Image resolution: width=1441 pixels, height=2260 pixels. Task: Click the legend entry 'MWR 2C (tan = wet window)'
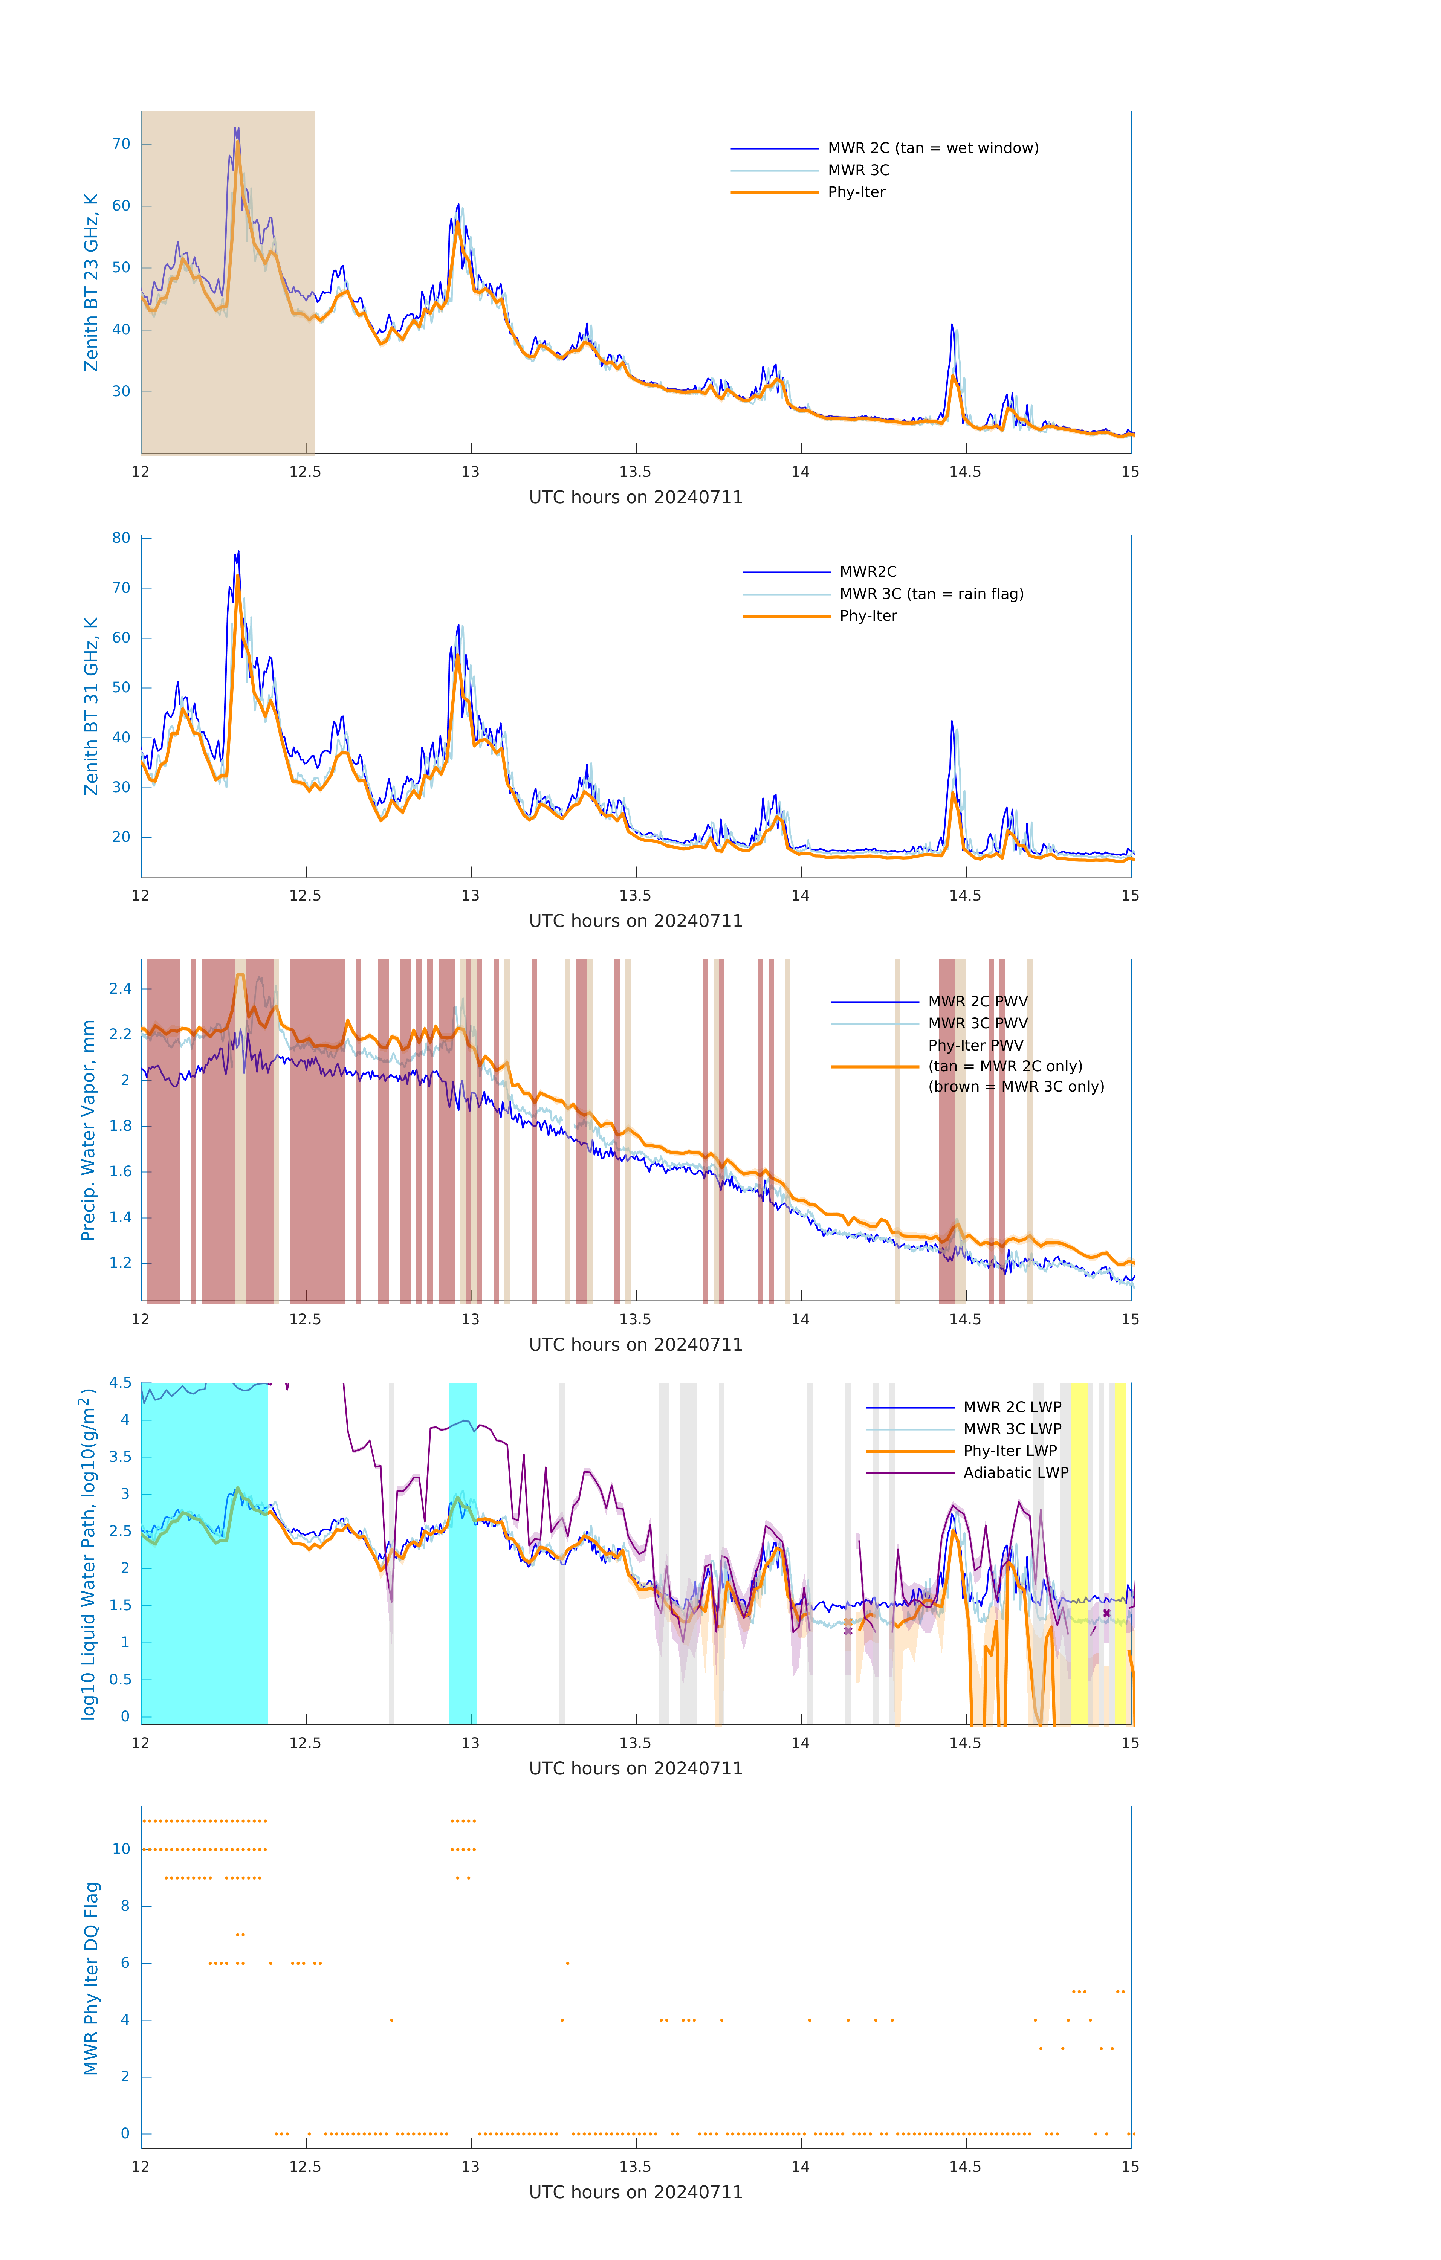coord(932,148)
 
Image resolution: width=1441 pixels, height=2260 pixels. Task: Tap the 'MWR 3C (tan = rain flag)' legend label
coord(930,594)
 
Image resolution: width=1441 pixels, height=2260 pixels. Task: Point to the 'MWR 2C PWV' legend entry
coord(977,1002)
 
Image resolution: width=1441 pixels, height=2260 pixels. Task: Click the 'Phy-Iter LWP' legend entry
coord(1009,1451)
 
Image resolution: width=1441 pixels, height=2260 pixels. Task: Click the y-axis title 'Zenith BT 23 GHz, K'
coord(91,282)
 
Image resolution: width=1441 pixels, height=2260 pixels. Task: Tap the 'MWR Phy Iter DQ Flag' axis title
coord(91,1978)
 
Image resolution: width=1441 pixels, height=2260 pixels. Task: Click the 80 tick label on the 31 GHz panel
coord(121,538)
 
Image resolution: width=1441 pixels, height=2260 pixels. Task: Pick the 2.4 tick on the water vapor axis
coord(120,988)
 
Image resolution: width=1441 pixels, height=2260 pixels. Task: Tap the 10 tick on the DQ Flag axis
coord(121,1849)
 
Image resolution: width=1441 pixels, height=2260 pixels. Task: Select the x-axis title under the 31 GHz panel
coord(636,921)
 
